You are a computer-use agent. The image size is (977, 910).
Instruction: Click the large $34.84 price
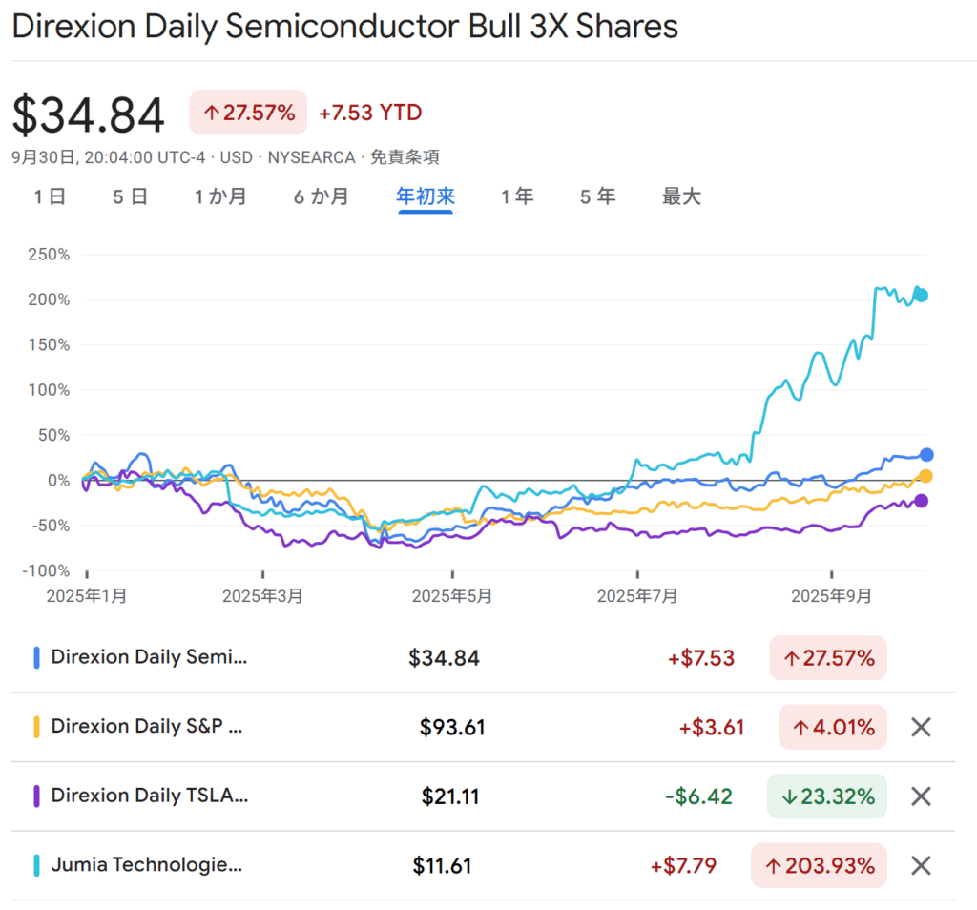(89, 114)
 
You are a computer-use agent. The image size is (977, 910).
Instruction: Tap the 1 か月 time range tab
(220, 196)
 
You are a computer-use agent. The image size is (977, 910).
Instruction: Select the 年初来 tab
(426, 196)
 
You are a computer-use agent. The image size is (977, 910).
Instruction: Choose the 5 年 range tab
(597, 196)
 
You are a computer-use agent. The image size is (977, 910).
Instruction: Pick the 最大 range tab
(681, 196)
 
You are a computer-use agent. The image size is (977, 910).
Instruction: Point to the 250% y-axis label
(49, 255)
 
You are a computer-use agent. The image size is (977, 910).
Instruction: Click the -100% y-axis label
(47, 571)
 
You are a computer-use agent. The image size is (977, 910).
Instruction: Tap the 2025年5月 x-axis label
(452, 596)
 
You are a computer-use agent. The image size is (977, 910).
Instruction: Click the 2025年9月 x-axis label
(832, 596)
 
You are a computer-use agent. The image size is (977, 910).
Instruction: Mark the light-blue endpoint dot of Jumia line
(922, 295)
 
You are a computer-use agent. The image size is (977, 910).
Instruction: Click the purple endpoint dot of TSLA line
(922, 501)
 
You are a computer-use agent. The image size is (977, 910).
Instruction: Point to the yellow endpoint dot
(925, 476)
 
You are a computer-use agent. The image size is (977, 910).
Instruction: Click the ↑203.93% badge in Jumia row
(819, 866)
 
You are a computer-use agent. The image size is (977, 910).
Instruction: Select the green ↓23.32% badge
(827, 796)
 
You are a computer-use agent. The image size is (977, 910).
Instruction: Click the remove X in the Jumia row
(921, 866)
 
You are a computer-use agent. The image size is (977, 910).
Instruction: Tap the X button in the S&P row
(921, 728)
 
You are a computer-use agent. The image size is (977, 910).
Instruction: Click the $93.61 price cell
(452, 728)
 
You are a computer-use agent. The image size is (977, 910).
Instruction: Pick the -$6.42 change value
(698, 796)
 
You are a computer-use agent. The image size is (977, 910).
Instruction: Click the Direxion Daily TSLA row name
(149, 796)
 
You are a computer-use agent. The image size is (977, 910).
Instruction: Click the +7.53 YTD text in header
(370, 113)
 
